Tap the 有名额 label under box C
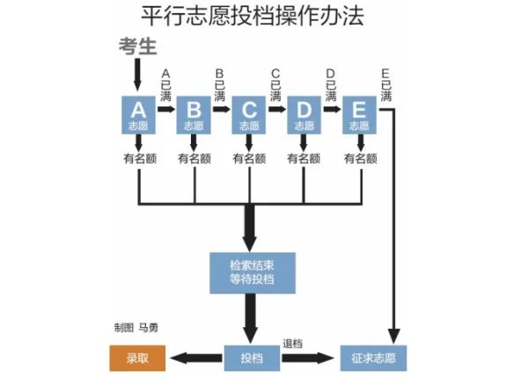[x=249, y=159]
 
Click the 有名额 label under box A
[x=139, y=159]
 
